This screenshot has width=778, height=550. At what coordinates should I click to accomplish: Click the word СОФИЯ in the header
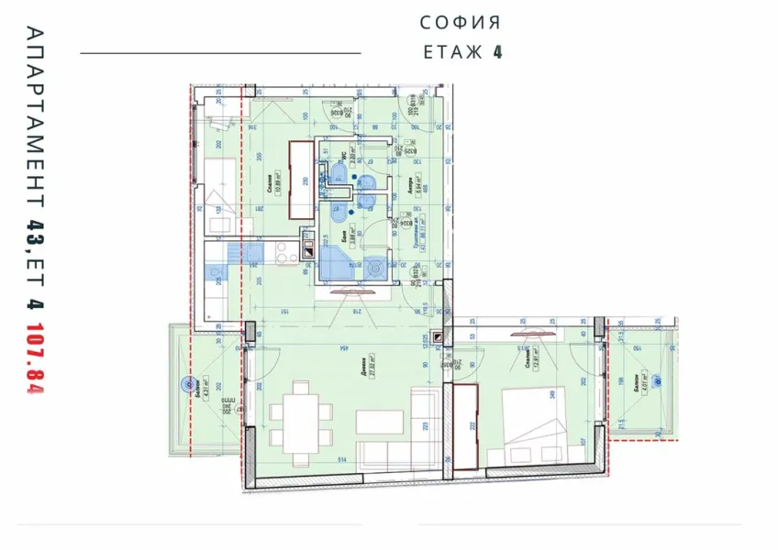point(461,22)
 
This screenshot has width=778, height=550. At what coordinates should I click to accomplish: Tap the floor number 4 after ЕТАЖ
point(497,51)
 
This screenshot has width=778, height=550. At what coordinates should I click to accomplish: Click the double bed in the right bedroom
point(533,422)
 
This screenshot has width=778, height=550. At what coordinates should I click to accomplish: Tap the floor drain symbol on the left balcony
point(178,388)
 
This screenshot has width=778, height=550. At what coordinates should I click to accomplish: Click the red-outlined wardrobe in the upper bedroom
point(301,180)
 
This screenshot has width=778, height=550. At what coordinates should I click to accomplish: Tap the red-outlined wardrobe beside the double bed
point(466,427)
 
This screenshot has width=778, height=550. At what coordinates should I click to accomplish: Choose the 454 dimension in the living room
point(341,347)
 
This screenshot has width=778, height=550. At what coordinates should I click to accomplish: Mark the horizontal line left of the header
point(220,53)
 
